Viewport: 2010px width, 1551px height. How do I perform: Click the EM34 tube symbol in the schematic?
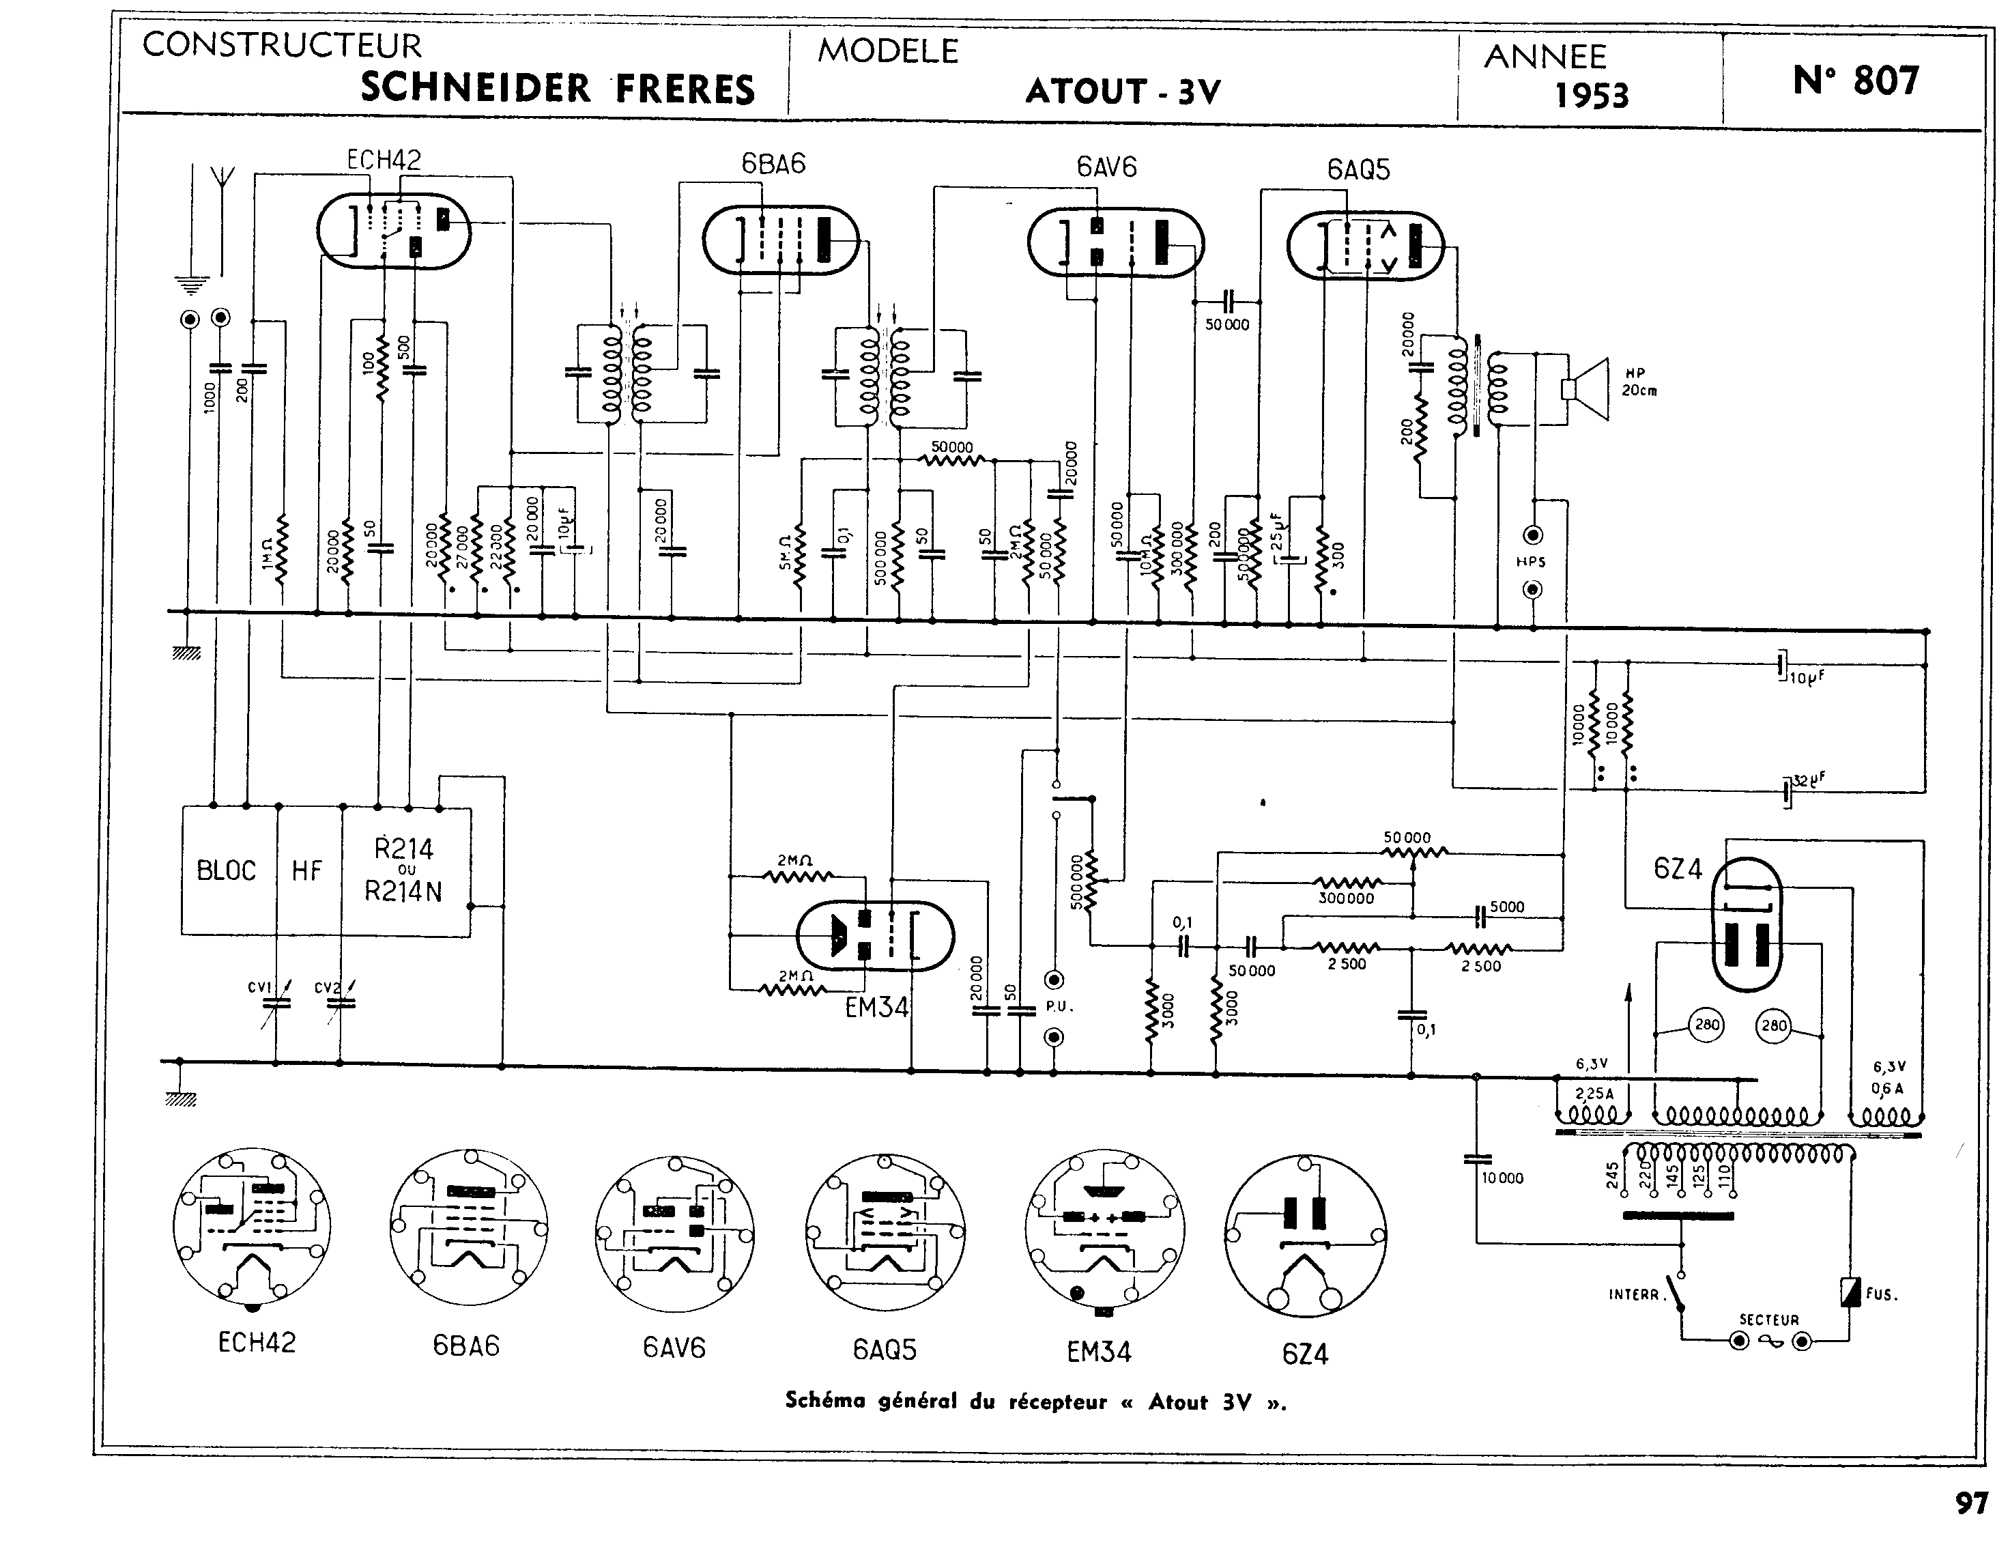pyautogui.click(x=874, y=935)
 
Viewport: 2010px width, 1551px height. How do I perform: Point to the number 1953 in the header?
pyautogui.click(x=1591, y=95)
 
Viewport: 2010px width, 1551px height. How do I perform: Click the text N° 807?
pyautogui.click(x=1855, y=81)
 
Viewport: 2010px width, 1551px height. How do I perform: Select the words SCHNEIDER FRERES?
pyautogui.click(x=558, y=88)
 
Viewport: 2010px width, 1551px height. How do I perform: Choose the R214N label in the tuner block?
pyautogui.click(x=403, y=891)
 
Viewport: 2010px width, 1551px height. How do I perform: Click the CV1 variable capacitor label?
pyautogui.click(x=259, y=988)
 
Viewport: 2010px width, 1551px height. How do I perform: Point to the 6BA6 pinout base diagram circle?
pyautogui.click(x=468, y=1226)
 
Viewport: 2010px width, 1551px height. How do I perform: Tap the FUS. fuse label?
pyautogui.click(x=1881, y=1294)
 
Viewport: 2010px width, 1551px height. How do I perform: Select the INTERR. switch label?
pyautogui.click(x=1633, y=1294)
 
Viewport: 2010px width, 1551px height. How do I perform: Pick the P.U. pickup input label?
pyautogui.click(x=1059, y=1006)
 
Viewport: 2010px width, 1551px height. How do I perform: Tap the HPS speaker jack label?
pyautogui.click(x=1530, y=562)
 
